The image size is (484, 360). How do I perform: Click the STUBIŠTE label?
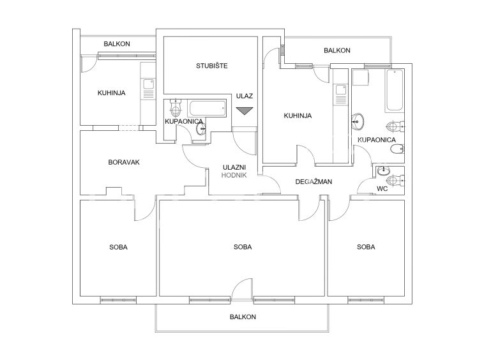(212, 66)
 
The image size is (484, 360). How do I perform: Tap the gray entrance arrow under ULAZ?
(245, 111)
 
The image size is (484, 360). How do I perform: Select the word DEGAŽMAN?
(314, 182)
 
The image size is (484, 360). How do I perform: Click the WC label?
(382, 189)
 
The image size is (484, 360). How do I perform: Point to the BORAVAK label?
(124, 162)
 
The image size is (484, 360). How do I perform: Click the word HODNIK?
(234, 176)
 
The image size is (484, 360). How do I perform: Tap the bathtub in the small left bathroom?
(207, 109)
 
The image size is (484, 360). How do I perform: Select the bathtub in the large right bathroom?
(394, 91)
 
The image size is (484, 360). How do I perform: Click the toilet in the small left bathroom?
(176, 107)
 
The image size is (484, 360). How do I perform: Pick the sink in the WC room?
(384, 170)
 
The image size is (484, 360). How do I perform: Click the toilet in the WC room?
(395, 181)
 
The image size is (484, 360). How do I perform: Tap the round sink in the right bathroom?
(358, 121)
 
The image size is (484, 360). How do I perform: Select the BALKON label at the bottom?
(243, 317)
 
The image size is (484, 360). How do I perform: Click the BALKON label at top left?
(117, 44)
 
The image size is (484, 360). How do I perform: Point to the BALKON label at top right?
(337, 50)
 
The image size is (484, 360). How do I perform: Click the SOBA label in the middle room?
(243, 247)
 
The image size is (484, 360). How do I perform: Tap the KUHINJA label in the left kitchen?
(112, 93)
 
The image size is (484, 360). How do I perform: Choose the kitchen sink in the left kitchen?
(149, 84)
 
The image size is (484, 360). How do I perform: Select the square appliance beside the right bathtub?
(360, 77)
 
